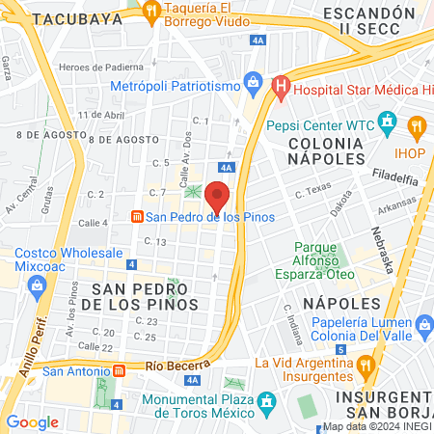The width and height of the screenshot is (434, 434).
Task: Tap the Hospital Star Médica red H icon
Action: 281,91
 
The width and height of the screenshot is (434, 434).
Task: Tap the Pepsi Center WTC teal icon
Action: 388,122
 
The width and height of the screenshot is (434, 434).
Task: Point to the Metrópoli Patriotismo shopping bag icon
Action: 253,83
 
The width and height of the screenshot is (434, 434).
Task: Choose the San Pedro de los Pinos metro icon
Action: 137,216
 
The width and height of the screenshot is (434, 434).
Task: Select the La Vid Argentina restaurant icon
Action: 365,365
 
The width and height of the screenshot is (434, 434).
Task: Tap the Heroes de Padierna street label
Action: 101,67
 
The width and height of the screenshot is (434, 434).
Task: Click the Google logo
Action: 32,421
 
